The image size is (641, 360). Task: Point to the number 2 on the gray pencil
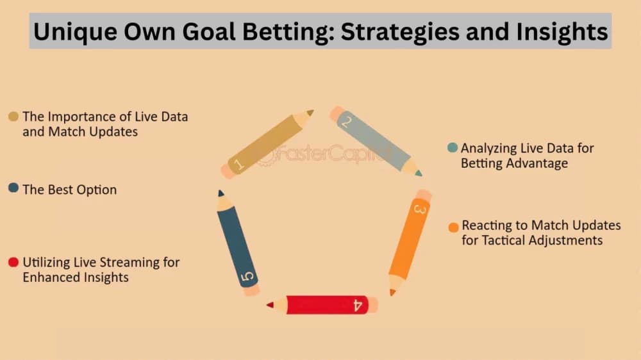coord(345,122)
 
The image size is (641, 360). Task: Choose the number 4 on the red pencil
coord(358,304)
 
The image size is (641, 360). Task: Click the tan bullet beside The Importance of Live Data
coord(13,117)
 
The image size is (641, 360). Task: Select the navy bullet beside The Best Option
coord(13,189)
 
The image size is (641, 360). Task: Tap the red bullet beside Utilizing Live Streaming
coord(13,262)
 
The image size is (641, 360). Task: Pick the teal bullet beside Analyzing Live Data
coord(452,148)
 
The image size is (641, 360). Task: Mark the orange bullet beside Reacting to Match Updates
coord(453,227)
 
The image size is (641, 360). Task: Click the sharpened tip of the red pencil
coord(270,304)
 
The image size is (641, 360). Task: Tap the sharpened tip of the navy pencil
coord(220,192)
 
